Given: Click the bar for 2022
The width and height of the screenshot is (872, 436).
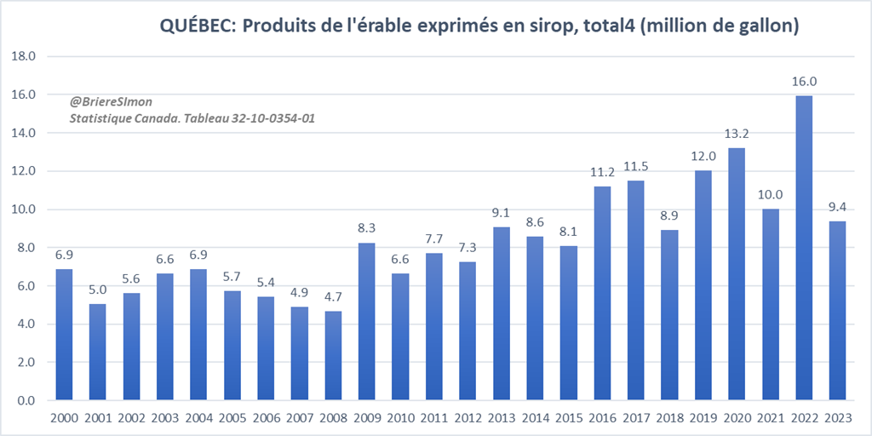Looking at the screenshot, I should tap(804, 248).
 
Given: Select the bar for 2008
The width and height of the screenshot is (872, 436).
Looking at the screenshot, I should tap(333, 356).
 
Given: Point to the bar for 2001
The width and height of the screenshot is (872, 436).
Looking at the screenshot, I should tap(98, 352).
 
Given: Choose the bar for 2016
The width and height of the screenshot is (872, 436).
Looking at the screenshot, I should tap(602, 294).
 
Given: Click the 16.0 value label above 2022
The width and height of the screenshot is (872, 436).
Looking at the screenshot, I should tap(804, 82).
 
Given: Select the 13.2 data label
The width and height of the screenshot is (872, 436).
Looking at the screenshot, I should tap(737, 135).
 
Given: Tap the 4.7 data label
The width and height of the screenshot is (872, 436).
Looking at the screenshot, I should tap(333, 298).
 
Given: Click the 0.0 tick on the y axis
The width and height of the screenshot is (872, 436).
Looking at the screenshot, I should tap(26, 401).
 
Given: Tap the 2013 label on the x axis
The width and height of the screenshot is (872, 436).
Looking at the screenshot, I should tap(502, 419).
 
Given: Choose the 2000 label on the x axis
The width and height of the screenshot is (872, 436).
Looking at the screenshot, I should tap(64, 419).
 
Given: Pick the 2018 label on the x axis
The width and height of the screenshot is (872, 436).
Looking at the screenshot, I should tap(669, 419).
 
